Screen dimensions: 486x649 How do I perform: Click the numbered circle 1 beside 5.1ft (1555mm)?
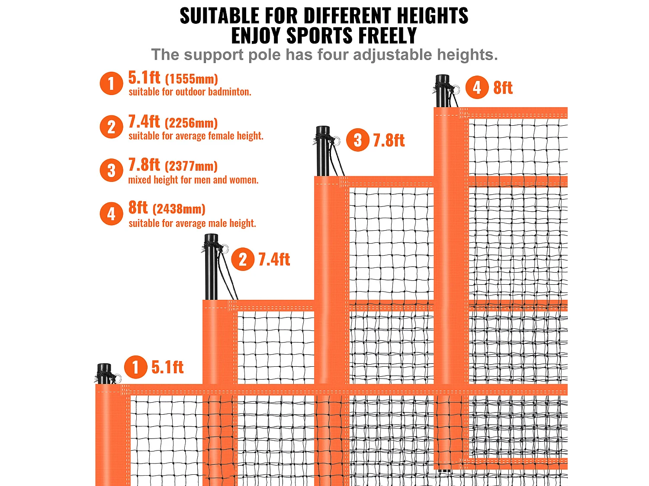tap(111, 83)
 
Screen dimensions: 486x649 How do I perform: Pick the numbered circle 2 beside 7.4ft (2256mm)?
tap(111, 127)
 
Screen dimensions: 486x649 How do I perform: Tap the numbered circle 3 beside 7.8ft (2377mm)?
tap(111, 171)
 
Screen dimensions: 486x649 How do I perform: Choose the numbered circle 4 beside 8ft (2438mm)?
tap(111, 214)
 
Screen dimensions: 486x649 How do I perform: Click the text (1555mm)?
tap(191, 79)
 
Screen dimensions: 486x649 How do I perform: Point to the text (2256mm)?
tap(191, 123)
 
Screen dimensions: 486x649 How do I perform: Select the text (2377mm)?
tap(191, 166)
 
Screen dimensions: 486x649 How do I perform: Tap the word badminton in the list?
tap(229, 92)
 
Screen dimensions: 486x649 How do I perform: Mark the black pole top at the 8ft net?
tap(442, 91)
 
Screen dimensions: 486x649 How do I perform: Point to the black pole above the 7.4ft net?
tap(211, 266)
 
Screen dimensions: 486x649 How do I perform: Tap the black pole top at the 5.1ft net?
tap(104, 374)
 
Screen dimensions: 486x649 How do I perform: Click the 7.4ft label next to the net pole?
tap(274, 260)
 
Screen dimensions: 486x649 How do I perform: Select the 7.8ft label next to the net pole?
tap(389, 141)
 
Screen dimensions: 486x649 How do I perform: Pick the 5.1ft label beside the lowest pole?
tap(167, 367)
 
